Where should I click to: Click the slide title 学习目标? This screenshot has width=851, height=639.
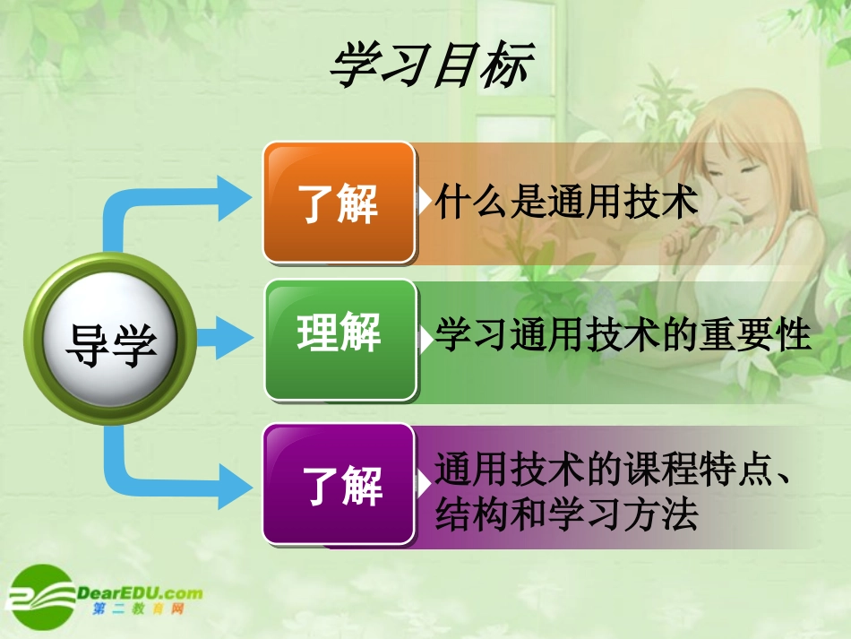[431, 67]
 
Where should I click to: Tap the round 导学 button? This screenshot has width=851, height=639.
[110, 340]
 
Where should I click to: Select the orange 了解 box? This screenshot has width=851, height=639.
[339, 202]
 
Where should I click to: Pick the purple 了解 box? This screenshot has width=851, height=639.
[339, 484]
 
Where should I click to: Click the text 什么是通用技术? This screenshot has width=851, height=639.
[565, 203]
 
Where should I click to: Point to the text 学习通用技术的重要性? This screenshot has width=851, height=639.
[623, 336]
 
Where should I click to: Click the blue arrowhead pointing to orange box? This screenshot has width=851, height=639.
[235, 198]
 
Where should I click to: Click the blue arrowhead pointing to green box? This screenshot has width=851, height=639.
[236, 340]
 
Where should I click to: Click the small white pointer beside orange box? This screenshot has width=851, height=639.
[424, 203]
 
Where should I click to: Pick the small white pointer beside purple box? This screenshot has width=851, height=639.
[424, 485]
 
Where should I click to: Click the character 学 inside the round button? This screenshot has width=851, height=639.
[134, 344]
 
